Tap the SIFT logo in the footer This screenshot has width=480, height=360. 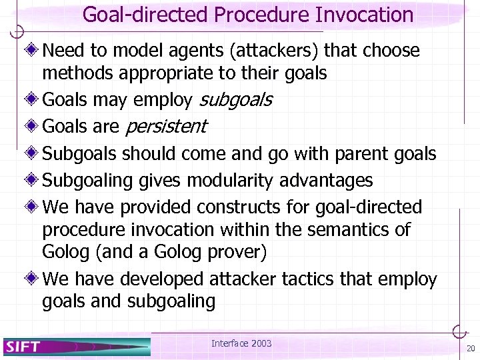point(24,347)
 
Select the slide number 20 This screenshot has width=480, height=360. point(471,349)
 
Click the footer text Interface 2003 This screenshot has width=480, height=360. point(241,343)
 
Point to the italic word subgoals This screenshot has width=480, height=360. point(236,100)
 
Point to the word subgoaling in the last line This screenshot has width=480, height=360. point(171,301)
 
